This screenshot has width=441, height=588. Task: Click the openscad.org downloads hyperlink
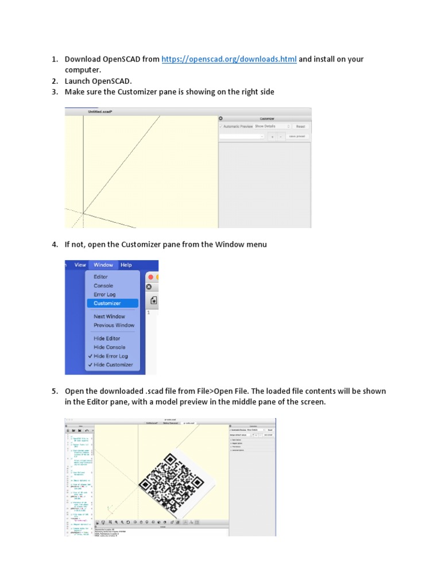229,59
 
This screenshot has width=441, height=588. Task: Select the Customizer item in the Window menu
107,303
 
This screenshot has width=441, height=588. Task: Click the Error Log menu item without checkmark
105,295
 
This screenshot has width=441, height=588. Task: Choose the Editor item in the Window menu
100,277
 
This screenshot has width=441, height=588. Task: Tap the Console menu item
103,285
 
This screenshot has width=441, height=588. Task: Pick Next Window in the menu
109,316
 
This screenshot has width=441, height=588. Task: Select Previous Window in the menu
114,325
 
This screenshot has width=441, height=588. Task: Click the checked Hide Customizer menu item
113,365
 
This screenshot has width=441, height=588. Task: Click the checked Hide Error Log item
110,356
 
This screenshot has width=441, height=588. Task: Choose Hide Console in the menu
109,347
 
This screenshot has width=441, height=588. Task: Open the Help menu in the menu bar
126,265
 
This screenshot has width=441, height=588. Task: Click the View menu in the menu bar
80,265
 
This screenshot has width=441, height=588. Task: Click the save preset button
297,137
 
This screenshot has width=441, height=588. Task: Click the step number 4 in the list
55,245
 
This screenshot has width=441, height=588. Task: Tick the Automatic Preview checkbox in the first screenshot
220,126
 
